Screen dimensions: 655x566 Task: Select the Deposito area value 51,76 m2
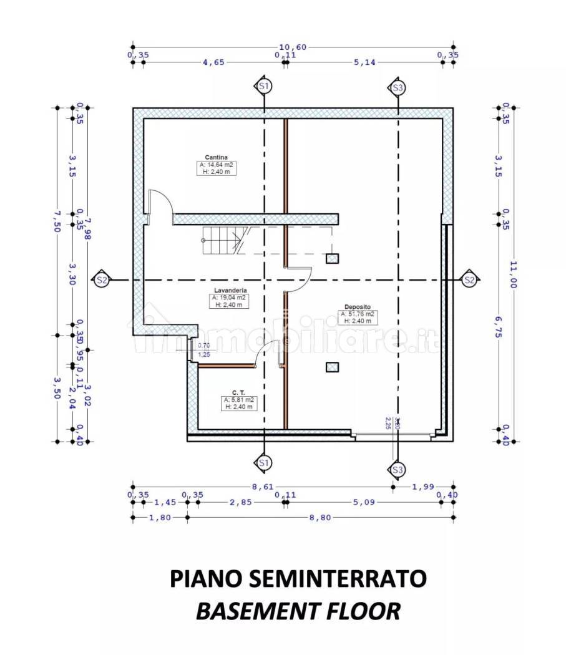358,314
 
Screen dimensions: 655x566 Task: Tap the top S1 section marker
263,87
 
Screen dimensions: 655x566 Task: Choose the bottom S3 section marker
397,469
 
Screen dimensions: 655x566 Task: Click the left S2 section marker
102,281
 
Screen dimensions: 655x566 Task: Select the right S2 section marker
469,281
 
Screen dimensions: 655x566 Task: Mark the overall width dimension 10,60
293,47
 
